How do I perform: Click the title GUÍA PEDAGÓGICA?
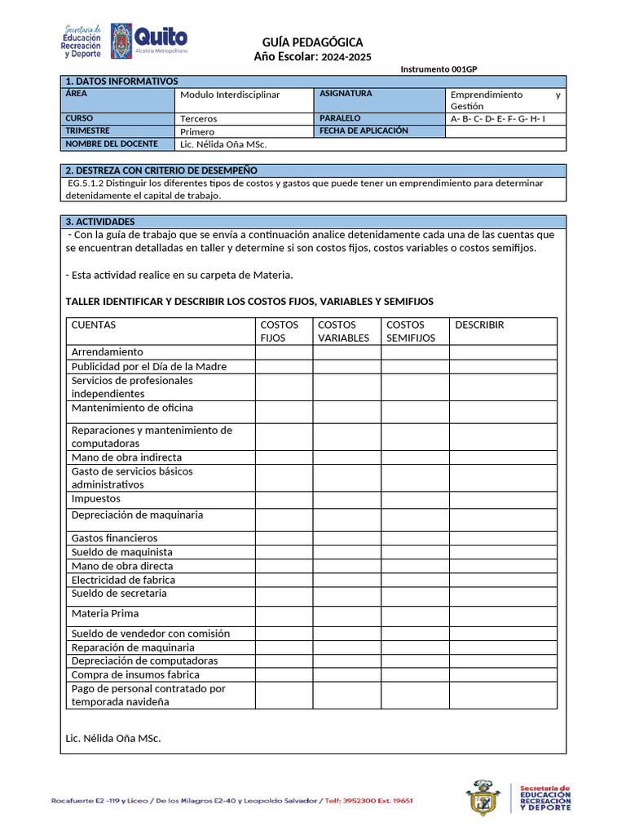tap(312, 42)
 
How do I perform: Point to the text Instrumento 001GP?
tap(439, 69)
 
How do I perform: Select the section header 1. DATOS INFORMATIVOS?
tap(121, 82)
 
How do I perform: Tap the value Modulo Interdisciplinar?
tap(230, 95)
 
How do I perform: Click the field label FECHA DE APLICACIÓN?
tap(364, 130)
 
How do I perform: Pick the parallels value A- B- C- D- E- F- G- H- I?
tap(497, 118)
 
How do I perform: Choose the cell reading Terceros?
tap(199, 118)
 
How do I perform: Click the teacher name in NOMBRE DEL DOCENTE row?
tap(223, 144)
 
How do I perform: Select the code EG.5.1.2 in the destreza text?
tap(88, 183)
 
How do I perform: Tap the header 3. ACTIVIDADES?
tap(100, 222)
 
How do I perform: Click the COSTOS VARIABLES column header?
tap(343, 331)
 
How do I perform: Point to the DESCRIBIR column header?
tap(479, 325)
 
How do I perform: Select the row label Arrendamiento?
tap(107, 352)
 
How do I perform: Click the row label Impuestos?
tap(96, 498)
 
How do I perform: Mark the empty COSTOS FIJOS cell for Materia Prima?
tap(284, 616)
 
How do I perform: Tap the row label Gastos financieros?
tap(114, 538)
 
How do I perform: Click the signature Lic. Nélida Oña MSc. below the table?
tap(113, 738)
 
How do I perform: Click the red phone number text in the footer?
tap(369, 801)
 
